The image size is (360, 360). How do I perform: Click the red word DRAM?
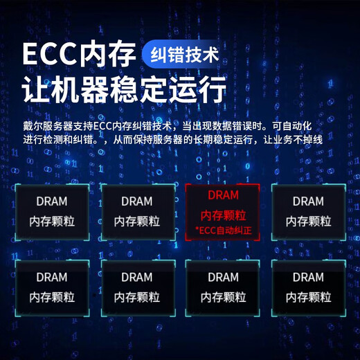pos(222,196)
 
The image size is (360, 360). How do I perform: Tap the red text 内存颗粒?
pos(223,215)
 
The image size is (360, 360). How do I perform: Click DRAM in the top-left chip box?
pos(52,201)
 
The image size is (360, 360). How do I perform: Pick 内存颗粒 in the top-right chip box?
pos(308,222)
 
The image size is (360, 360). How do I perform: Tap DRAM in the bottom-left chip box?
pos(52,278)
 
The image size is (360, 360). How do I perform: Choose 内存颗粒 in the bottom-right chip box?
pos(308,298)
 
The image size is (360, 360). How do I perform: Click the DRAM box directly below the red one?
pos(223,287)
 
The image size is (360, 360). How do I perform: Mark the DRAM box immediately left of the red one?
pos(136,211)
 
